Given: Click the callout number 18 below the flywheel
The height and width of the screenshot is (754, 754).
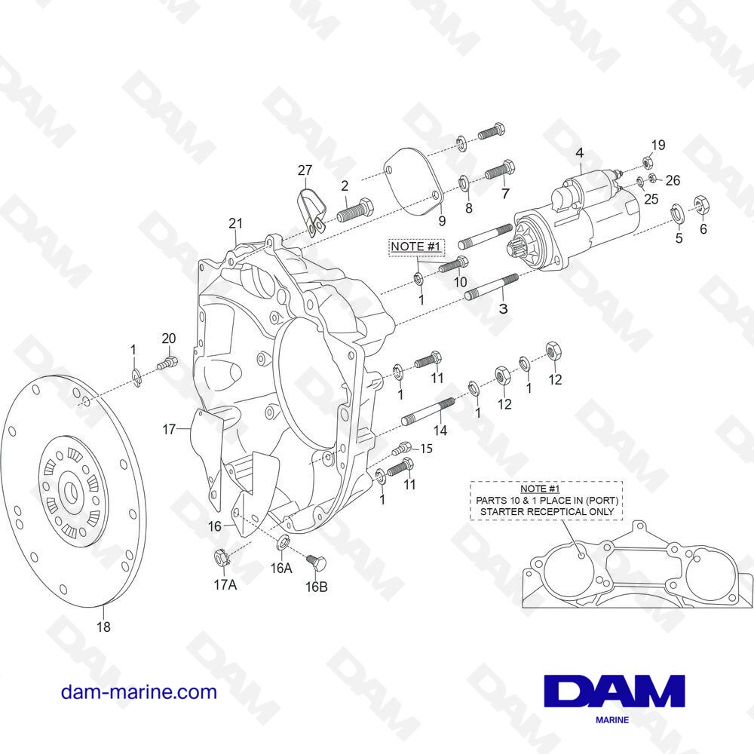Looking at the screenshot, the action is tap(103, 627).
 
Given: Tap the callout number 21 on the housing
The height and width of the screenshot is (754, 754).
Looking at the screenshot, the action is tap(235, 223).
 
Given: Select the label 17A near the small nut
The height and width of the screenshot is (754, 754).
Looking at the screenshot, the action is tap(225, 585).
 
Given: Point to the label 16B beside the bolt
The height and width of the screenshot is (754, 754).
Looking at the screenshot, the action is tap(317, 587).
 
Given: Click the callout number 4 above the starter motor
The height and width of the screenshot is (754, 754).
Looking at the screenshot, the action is tap(579, 153).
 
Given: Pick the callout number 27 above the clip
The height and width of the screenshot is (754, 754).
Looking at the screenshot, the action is tap(305, 170).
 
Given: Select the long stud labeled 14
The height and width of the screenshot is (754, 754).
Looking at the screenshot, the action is tap(428, 412).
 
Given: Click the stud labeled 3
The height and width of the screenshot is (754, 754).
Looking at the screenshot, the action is tap(492, 287).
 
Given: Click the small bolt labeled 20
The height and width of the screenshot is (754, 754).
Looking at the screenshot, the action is tap(167, 363).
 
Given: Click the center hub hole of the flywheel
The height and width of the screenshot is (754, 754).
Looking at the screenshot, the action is tap(71, 491).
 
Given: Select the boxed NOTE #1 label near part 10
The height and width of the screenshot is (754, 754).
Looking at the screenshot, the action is tap(416, 247).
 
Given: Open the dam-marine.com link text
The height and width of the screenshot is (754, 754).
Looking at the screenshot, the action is tap(139, 692).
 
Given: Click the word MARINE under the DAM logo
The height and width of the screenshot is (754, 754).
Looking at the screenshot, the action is tap(612, 720).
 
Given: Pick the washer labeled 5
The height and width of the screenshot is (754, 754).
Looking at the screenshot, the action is tap(677, 214).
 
